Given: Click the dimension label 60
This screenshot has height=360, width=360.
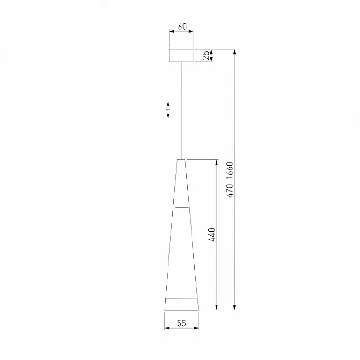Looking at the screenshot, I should pos(182,26).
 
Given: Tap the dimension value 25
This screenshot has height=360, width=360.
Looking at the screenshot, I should pos(206,56).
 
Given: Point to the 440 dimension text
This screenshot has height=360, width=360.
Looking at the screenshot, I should pos(212,235).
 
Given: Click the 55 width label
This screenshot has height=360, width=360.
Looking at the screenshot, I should pos(181,323).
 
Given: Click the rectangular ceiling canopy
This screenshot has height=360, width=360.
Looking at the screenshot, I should pos(181,56).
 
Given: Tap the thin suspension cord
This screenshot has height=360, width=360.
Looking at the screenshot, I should pos(181,110).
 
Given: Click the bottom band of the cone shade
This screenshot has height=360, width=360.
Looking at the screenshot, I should pos(181,304).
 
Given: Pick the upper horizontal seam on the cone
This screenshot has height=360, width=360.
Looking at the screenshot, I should pos(181,207).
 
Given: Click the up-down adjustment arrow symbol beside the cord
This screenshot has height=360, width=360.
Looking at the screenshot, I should pos(168,110).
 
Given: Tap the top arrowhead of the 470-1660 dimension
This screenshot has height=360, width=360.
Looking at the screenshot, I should pos(234,52).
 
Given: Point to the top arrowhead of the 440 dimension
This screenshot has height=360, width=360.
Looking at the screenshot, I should pos(217,162).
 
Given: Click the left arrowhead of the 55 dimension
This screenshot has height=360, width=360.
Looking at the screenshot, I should pos(167,328).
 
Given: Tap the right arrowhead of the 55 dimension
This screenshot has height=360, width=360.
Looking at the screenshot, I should pos(196,328).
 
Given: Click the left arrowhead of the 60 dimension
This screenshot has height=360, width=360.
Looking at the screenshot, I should pos(171,32).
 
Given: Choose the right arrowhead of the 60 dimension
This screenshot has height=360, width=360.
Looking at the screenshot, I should pos(192,32).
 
